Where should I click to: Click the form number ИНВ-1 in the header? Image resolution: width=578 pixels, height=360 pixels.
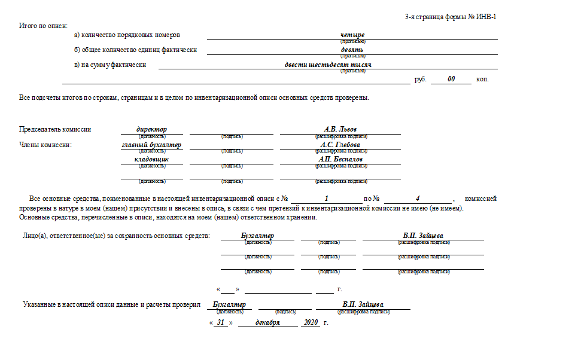click(x=483, y=17)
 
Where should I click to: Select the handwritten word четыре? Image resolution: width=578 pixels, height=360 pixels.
click(x=352, y=35)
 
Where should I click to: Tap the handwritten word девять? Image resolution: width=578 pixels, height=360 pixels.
click(x=352, y=50)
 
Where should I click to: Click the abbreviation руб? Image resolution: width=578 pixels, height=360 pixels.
click(x=421, y=80)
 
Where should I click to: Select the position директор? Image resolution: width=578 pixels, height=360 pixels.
click(x=151, y=129)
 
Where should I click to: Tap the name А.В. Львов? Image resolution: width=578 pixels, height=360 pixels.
click(x=340, y=129)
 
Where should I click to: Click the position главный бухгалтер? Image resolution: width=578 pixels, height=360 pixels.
click(x=151, y=145)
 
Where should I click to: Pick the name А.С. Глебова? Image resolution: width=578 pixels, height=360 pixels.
click(x=340, y=145)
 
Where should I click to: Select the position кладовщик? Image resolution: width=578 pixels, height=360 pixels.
click(x=151, y=160)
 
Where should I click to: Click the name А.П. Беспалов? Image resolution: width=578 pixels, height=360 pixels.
click(x=340, y=160)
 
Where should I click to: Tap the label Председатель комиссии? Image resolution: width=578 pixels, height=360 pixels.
click(x=55, y=129)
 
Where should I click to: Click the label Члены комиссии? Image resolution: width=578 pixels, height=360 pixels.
click(x=45, y=145)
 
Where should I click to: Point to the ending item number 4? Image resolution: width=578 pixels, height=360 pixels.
click(x=418, y=199)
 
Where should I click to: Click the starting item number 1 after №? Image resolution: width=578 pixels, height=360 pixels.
click(x=327, y=199)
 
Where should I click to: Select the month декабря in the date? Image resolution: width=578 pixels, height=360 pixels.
click(x=267, y=322)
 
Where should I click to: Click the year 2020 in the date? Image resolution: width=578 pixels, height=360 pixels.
click(x=311, y=322)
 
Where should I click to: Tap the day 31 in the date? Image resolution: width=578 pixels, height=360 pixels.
click(x=221, y=322)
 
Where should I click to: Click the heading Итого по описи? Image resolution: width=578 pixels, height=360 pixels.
click(x=44, y=26)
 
